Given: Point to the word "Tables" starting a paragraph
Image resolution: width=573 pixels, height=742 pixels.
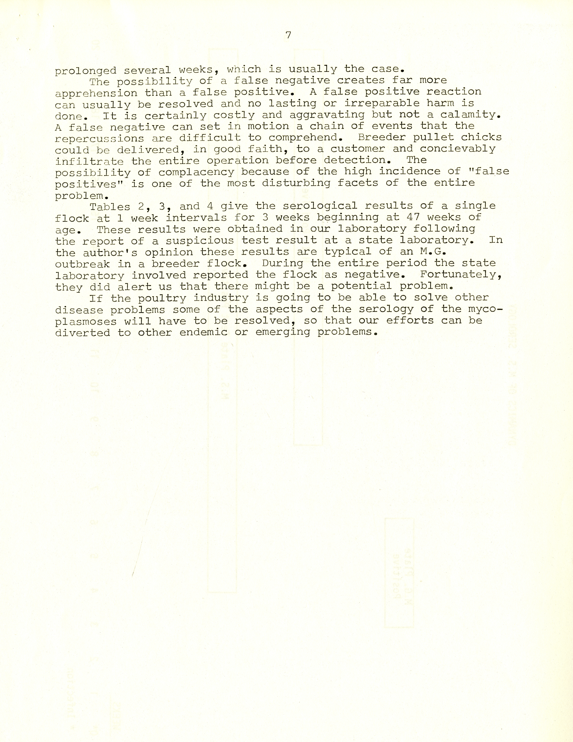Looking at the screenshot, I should tap(110, 207).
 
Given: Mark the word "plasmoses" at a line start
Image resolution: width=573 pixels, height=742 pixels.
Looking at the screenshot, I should tap(86, 321).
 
